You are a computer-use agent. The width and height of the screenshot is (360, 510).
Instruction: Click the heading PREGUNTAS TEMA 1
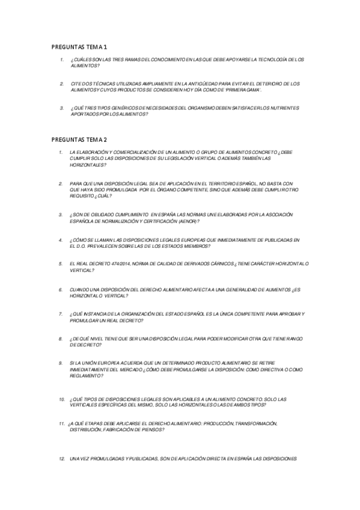pos(79,46)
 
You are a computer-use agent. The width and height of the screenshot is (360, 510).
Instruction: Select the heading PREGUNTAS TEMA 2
pos(79,139)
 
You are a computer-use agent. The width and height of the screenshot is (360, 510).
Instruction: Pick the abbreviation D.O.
pos(77,245)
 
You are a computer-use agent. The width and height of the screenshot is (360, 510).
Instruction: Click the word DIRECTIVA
pos(258,369)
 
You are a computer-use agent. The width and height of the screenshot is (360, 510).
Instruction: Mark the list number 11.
pos(62,423)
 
